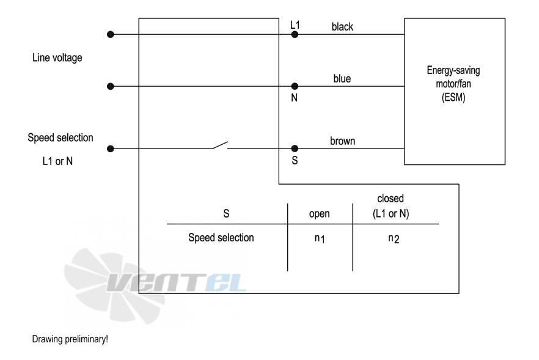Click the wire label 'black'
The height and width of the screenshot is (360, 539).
tap(342, 27)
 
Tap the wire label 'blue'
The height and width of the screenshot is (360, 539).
tap(342, 79)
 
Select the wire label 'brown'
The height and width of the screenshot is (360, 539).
tap(342, 141)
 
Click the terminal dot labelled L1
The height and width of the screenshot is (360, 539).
tap(295, 34)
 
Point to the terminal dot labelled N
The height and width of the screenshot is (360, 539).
tap(295, 86)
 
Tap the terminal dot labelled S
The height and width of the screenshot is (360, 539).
tap(295, 149)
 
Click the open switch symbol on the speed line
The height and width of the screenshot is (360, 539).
tap(219, 145)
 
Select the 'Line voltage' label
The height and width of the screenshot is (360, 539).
tap(57, 58)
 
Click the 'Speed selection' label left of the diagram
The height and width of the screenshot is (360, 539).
tap(61, 138)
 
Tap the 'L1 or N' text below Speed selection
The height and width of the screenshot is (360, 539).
tap(57, 161)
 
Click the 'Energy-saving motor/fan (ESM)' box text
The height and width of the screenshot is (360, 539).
tap(453, 84)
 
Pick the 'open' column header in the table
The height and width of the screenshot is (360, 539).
tap(320, 214)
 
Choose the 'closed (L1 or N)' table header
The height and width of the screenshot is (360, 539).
tap(391, 206)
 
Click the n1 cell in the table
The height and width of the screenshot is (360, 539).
tap(320, 238)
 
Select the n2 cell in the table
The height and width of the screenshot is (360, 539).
tap(394, 238)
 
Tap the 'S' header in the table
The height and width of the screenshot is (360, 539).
tap(226, 213)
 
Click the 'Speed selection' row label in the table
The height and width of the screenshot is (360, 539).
tap(221, 238)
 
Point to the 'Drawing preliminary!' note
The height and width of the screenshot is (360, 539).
tap(70, 339)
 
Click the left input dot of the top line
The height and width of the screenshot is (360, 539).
tap(111, 34)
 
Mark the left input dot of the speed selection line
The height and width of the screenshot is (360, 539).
tap(111, 149)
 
